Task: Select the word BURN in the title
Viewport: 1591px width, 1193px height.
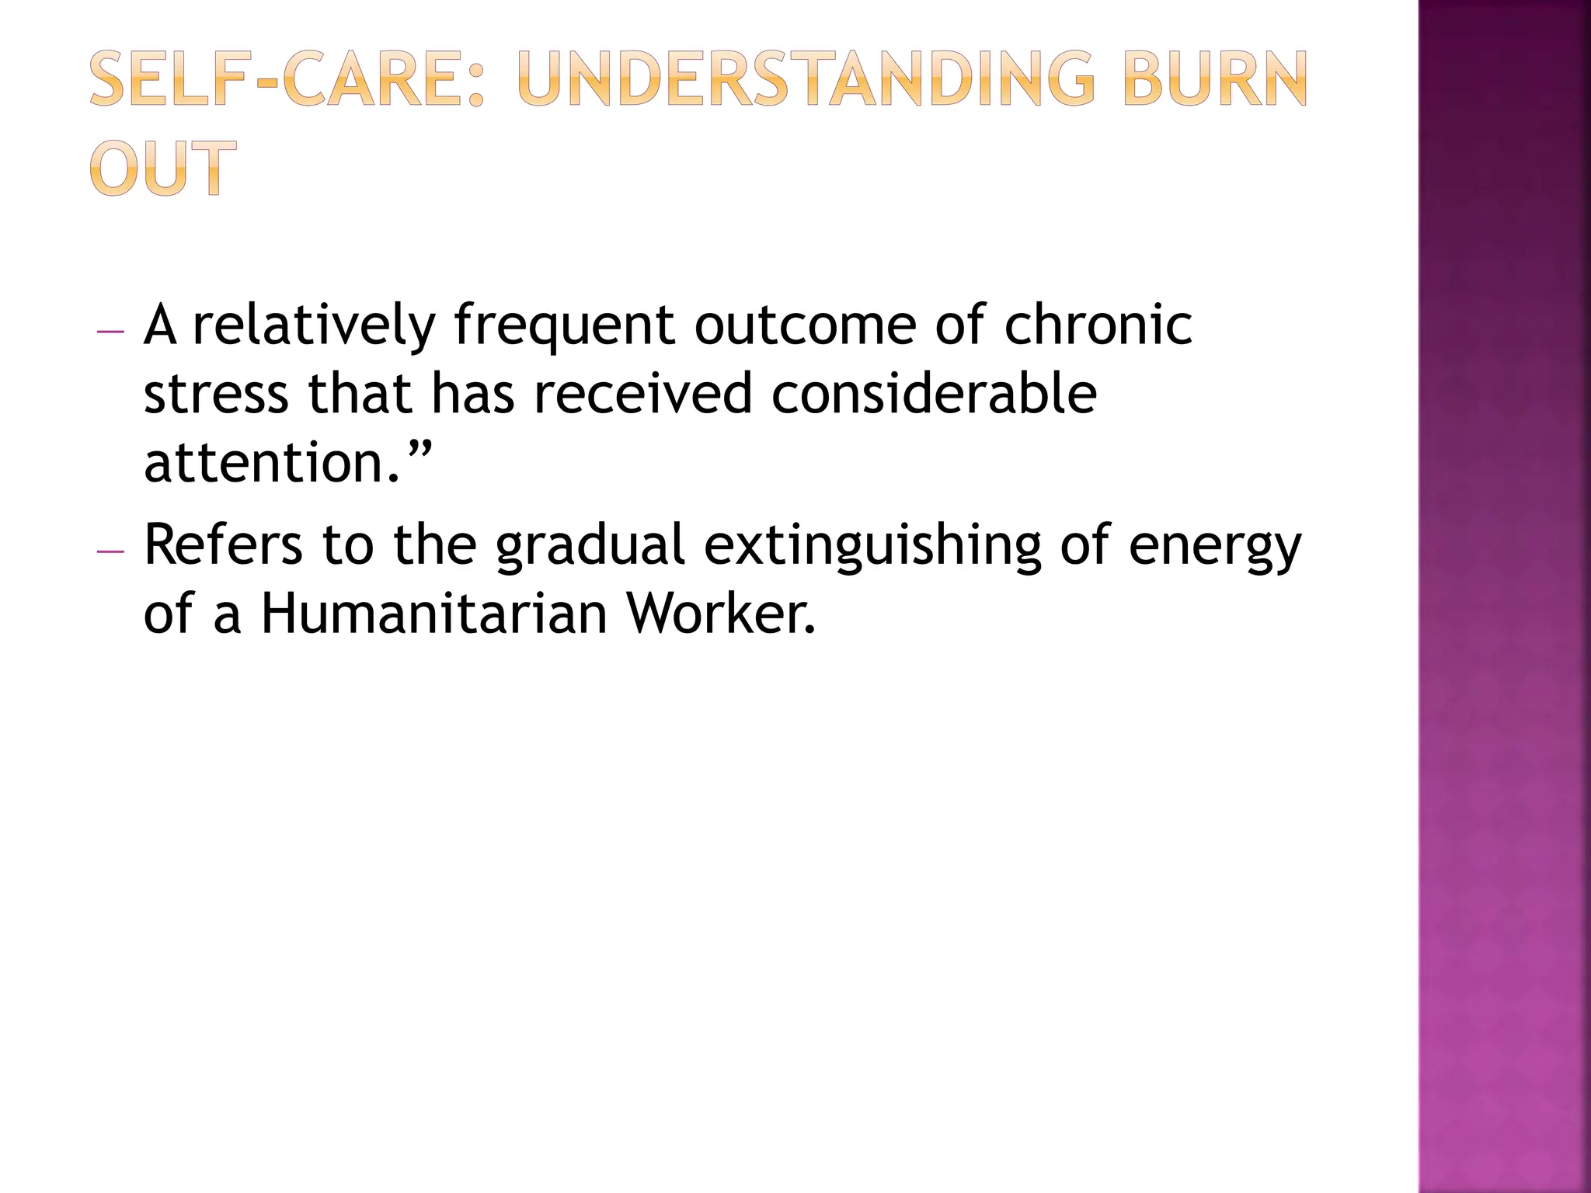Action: click(1215, 79)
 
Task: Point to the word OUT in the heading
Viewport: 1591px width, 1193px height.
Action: click(162, 168)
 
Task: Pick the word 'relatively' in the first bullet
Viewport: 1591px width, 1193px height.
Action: click(313, 325)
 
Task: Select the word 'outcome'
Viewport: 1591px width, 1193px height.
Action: click(805, 325)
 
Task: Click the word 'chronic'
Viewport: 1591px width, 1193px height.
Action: click(1098, 325)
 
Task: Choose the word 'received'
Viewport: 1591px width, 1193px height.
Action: click(643, 393)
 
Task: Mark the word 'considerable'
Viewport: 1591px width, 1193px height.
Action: click(934, 393)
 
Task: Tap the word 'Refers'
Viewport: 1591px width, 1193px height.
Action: click(223, 545)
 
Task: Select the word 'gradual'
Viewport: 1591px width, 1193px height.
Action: click(590, 545)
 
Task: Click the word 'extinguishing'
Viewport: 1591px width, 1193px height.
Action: click(872, 545)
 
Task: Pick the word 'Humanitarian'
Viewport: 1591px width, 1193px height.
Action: click(433, 614)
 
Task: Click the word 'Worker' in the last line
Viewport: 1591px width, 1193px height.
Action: click(721, 614)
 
